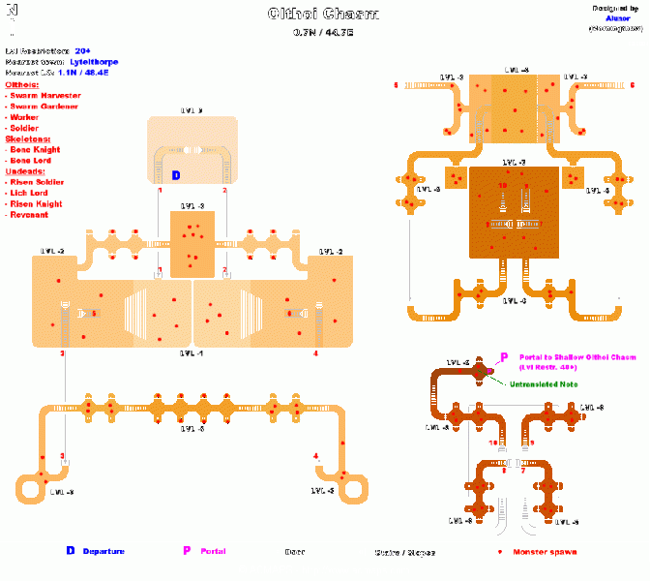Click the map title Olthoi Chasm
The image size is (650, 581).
[323, 15]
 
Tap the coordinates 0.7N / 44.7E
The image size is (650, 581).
[323, 33]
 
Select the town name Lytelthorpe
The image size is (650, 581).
[95, 61]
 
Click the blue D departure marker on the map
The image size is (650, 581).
[175, 175]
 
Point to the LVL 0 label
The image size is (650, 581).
[192, 110]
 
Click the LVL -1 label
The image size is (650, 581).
[192, 354]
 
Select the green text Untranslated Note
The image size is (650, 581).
[545, 385]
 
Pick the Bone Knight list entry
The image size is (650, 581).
[35, 150]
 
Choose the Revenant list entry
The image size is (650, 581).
[31, 215]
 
